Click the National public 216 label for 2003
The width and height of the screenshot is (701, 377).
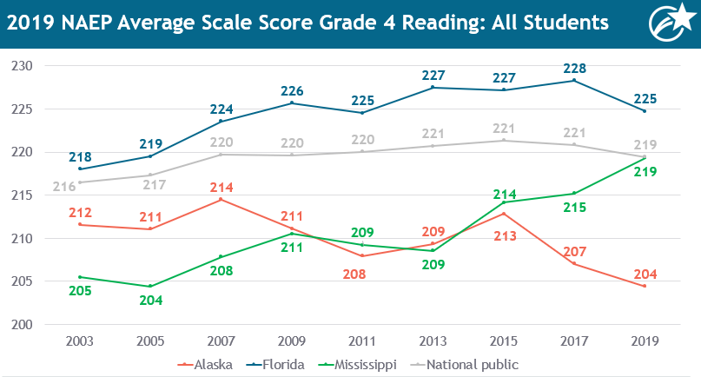pyautogui.click(x=65, y=186)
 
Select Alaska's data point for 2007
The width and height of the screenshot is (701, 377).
pyautogui.click(x=221, y=200)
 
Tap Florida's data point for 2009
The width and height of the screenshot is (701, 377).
pyautogui.click(x=292, y=103)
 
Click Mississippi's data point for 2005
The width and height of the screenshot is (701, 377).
pyautogui.click(x=150, y=286)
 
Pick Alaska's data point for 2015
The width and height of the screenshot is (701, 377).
pyautogui.click(x=503, y=214)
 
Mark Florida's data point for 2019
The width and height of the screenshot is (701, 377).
pyautogui.click(x=645, y=111)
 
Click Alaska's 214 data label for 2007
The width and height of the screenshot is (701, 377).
pyautogui.click(x=221, y=186)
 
